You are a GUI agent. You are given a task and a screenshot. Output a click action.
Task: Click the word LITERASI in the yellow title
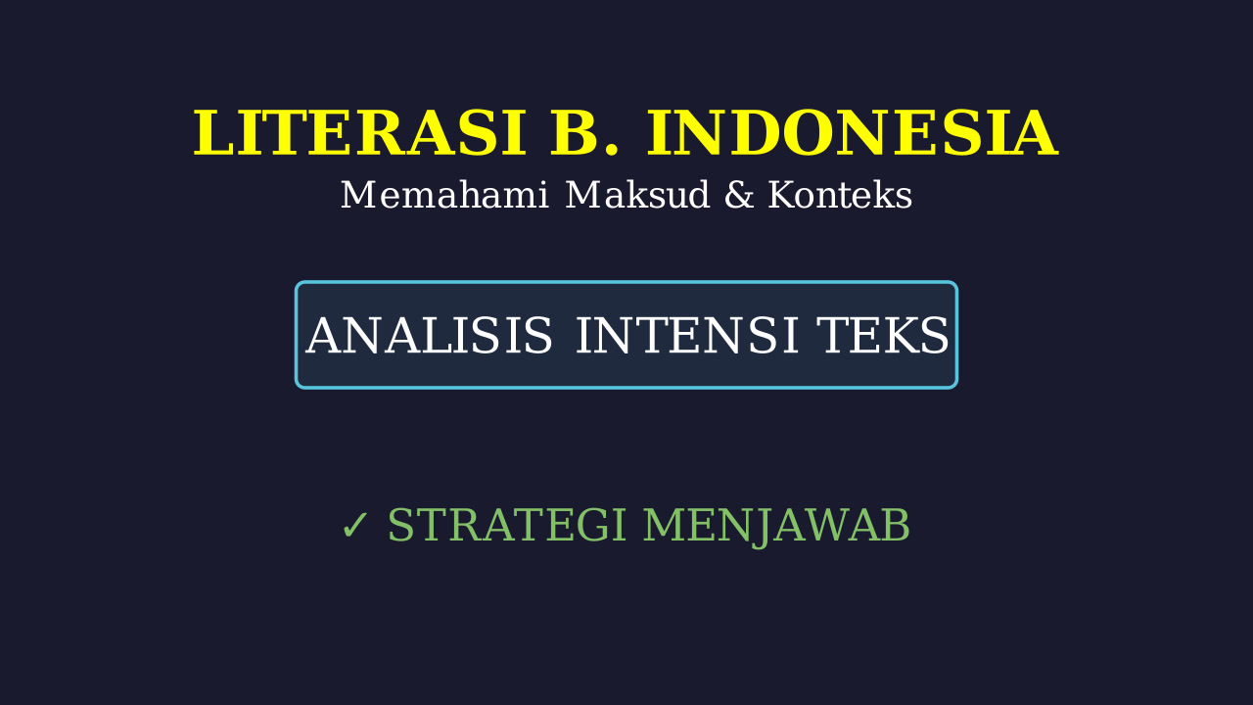coord(359,133)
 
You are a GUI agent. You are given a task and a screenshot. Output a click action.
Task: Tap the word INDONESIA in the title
coord(853,133)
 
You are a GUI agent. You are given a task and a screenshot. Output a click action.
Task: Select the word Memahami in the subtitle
coord(444,195)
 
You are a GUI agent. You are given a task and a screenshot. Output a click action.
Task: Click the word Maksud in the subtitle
coord(637,195)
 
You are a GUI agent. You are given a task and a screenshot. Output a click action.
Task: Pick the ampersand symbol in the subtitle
coord(739,195)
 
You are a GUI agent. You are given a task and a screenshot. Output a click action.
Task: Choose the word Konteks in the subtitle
coord(840,195)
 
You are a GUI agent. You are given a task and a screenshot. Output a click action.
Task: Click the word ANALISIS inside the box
coord(429,335)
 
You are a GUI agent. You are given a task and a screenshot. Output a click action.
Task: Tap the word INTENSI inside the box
coord(687,335)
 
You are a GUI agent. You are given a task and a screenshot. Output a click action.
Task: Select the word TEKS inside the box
coord(883,335)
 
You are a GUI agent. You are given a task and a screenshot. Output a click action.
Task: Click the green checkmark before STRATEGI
coord(354,526)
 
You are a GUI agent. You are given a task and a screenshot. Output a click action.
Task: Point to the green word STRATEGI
coord(506,525)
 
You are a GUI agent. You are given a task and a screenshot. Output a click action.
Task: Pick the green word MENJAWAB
coord(776,526)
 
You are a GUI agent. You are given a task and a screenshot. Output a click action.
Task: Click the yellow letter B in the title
coord(574,133)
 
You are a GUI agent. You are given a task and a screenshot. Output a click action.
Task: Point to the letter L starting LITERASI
coord(213,133)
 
